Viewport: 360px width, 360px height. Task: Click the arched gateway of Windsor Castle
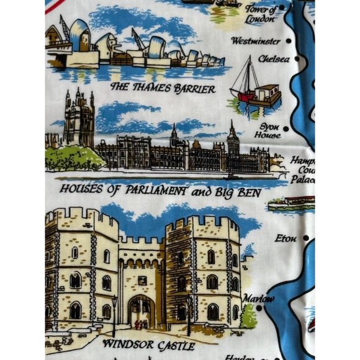pos(141,311)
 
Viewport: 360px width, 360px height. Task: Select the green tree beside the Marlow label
pos(249,316)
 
